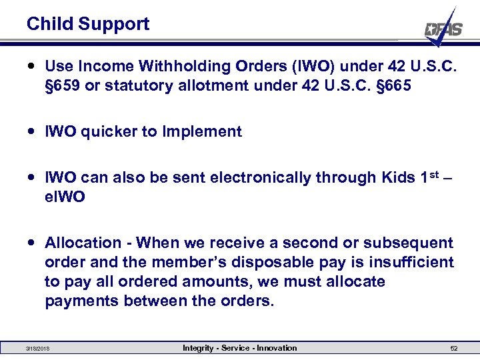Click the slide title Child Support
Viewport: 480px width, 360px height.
point(88,25)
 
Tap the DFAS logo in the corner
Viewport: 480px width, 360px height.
point(443,29)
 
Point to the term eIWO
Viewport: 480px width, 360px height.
point(65,198)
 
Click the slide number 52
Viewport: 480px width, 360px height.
point(454,349)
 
